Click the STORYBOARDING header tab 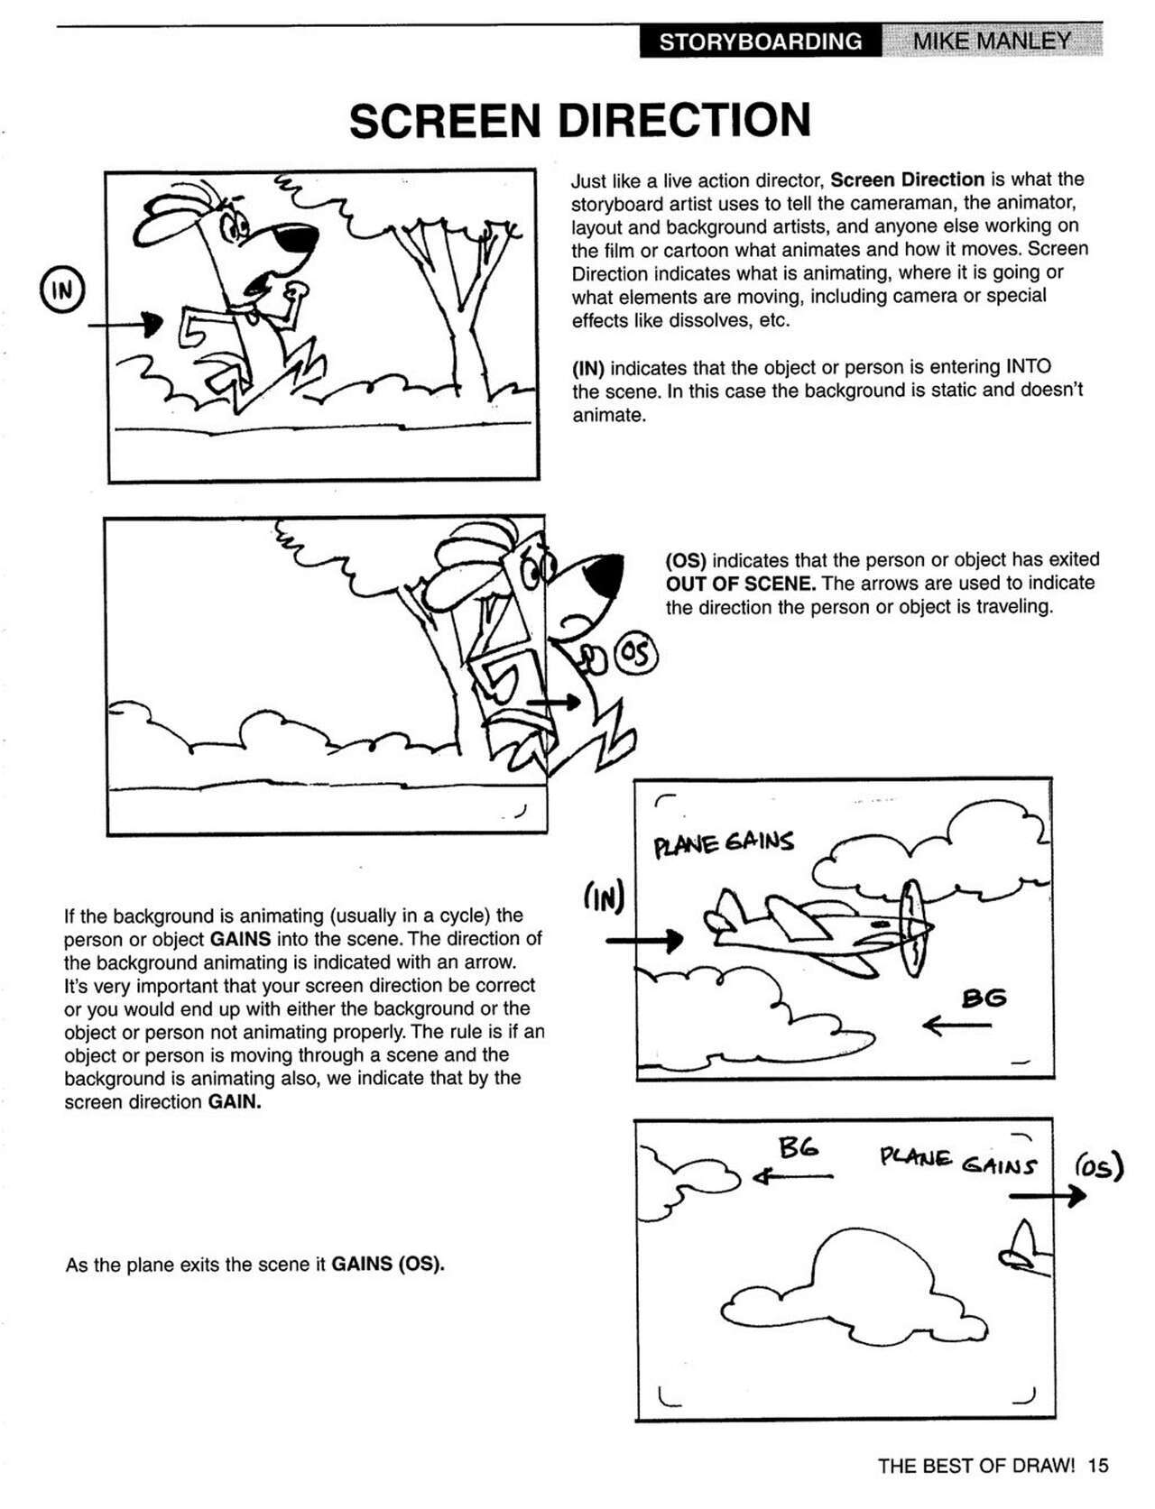(x=760, y=41)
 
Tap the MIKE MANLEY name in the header (x=992, y=41)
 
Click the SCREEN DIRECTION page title (x=579, y=121)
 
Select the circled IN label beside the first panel (x=61, y=290)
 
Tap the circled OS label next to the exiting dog (x=636, y=656)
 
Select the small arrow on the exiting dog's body (x=553, y=701)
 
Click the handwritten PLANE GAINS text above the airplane (x=724, y=843)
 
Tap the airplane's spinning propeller (x=913, y=928)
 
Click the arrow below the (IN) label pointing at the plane (x=644, y=941)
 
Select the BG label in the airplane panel (x=983, y=998)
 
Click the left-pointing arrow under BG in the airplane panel (x=957, y=1026)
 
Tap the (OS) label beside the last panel (x=1098, y=1167)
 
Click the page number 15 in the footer (x=1097, y=1466)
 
